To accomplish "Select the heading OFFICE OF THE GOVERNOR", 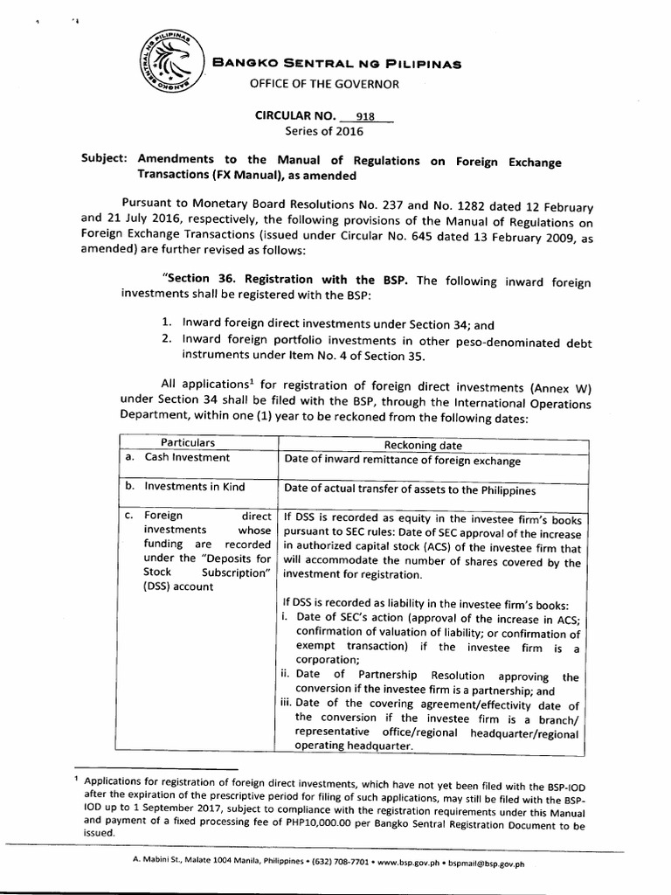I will [x=325, y=84].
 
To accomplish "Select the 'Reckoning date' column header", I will [x=429, y=445].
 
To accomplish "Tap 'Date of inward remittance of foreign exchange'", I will [x=402, y=461].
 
